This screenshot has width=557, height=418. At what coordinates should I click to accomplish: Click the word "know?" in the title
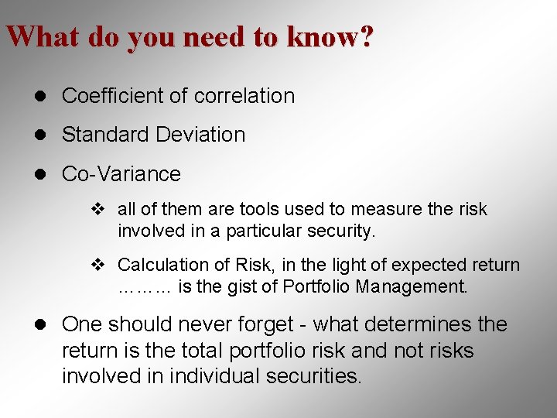tap(329, 37)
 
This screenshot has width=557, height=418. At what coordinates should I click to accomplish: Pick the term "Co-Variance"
tap(121, 174)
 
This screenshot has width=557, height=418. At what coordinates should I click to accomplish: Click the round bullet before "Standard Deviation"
tap(44, 135)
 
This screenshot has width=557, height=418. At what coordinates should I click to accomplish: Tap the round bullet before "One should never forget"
tap(44, 324)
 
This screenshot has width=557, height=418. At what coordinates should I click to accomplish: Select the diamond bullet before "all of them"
tap(97, 209)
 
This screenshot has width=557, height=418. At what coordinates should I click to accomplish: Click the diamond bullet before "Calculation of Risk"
tap(97, 265)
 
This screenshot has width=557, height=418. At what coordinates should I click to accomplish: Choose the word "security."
tap(336, 231)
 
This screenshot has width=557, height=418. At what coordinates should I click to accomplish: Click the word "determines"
tap(412, 324)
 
